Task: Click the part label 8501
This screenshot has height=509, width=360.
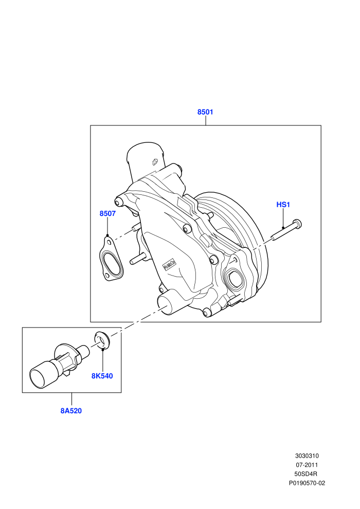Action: pos(205,112)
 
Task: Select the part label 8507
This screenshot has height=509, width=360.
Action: pos(107,213)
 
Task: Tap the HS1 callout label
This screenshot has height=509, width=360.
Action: pos(283,205)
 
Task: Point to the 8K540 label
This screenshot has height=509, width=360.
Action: pos(102,376)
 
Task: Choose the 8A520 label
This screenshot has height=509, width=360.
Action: pos(71,411)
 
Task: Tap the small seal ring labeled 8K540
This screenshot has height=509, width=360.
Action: pos(102,340)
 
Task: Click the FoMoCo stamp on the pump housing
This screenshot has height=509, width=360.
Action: pos(169,265)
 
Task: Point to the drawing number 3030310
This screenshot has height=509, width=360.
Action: pos(307,456)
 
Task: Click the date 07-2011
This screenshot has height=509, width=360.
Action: pos(307,465)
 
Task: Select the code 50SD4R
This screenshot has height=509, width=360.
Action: pos(307,474)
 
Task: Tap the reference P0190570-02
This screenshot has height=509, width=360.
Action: pos(307,483)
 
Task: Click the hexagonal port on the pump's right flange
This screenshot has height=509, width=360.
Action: pos(235,278)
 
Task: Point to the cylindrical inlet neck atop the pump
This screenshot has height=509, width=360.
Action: pos(145,160)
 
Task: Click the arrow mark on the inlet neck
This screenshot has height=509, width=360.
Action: pos(155,162)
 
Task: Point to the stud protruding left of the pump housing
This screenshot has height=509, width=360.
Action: pos(138,258)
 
